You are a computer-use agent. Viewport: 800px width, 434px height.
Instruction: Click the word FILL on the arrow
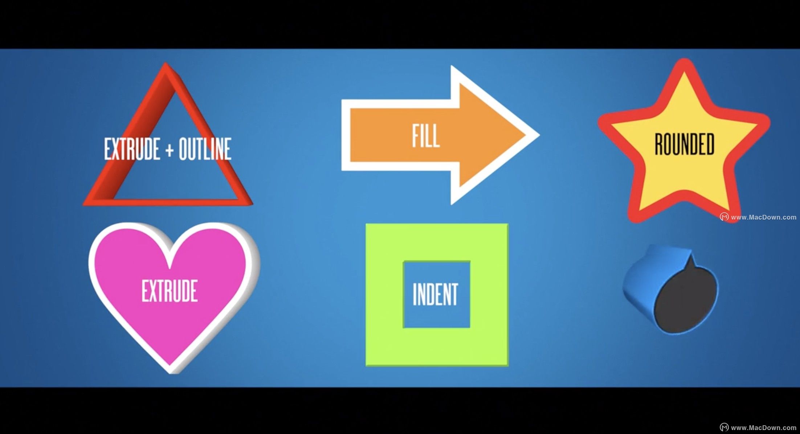[426, 136]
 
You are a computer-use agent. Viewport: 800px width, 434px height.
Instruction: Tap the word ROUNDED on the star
[684, 144]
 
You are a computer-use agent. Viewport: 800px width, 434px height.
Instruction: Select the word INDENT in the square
[435, 294]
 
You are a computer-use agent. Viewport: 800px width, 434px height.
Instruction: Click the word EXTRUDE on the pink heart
[170, 291]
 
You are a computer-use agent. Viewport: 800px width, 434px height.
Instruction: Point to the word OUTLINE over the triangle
[205, 149]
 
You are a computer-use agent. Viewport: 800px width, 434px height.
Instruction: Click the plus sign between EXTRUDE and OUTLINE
[169, 150]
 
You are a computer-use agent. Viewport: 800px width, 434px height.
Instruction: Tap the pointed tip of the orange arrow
[539, 135]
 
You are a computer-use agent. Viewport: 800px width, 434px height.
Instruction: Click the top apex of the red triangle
[166, 63]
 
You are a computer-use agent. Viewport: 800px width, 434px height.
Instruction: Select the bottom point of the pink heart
[170, 373]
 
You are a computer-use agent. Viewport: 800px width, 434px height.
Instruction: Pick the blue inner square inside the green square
[436, 294]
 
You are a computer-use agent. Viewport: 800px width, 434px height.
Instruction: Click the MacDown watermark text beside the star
[764, 217]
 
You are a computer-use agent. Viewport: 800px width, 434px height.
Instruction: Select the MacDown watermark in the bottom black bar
[764, 428]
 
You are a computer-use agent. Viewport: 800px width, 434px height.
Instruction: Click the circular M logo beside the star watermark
[724, 217]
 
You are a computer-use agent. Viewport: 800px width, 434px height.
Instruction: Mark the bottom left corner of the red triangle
[84, 205]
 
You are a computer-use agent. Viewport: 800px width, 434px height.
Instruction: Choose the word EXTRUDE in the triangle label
[132, 149]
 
